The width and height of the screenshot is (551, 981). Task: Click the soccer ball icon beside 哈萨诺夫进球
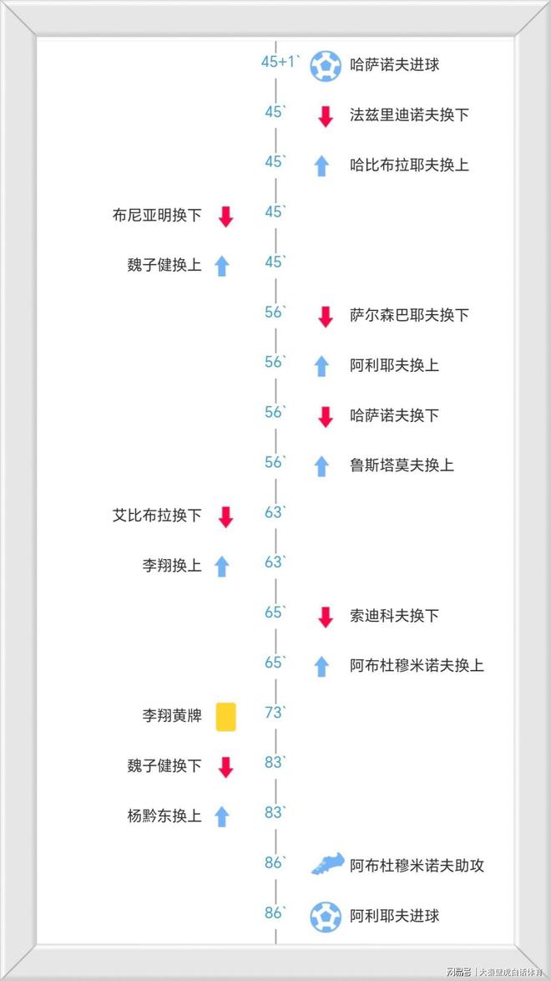(326, 65)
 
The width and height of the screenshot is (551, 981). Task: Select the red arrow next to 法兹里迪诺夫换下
(326, 115)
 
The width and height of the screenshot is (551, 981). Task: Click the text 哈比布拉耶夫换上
(409, 165)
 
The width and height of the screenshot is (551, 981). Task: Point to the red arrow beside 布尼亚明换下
(225, 216)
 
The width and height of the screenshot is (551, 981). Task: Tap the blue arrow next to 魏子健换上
(221, 266)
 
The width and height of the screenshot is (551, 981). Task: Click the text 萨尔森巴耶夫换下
(409, 315)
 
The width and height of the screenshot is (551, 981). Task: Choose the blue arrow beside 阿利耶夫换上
(321, 365)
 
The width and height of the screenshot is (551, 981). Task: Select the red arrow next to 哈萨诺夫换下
(326, 416)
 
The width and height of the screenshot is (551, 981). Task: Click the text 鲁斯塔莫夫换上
(402, 465)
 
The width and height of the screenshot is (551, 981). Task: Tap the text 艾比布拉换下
(157, 516)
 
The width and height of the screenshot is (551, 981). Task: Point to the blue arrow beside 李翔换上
(221, 566)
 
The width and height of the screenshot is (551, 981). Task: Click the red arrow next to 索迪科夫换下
(326, 617)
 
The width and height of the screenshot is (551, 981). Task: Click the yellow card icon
(225, 716)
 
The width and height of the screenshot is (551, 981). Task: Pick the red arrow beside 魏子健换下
(225, 766)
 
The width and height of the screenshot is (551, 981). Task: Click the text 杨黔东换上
(164, 816)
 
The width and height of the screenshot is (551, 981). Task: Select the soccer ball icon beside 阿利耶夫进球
(326, 916)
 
